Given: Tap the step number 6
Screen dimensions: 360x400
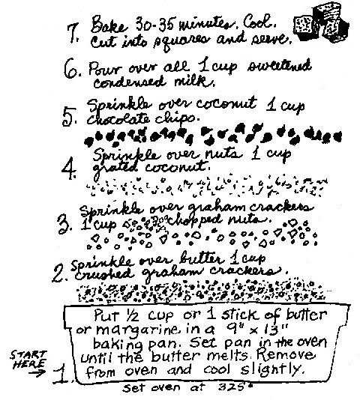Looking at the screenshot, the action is point(70,70).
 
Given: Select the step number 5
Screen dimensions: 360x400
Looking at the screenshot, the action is point(68,117).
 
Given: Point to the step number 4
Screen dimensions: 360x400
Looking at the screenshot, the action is point(68,169).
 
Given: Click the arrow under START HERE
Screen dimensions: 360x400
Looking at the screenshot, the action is point(37,373).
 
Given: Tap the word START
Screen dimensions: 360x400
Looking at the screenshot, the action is point(28,354).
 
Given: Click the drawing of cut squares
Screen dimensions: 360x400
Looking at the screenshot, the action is point(321,25).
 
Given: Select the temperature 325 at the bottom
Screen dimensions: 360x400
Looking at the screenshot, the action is point(232,387).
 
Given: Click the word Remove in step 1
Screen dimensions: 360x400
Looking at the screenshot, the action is point(285,354).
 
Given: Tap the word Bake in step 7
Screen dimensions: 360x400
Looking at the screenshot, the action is point(109,25).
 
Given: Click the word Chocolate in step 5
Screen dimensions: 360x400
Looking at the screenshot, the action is point(117,119).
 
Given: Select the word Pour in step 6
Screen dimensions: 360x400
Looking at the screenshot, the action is point(106,68).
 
